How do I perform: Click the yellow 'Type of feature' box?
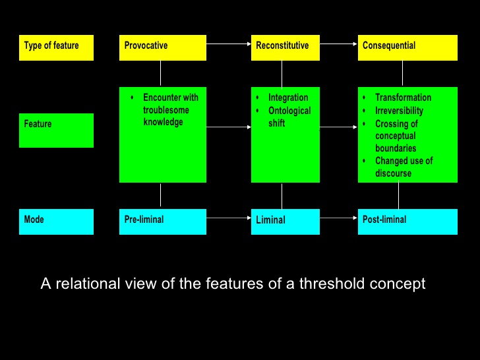coord(56,47)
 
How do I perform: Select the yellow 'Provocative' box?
coord(162,47)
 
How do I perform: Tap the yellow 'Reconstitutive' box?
coord(285,47)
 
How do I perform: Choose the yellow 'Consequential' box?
coord(407,47)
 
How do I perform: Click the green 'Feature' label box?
coord(56,130)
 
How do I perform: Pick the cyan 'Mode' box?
coord(56,222)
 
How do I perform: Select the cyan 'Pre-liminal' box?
coord(162,222)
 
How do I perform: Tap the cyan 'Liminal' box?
coord(285,222)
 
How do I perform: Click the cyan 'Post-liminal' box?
coord(407,222)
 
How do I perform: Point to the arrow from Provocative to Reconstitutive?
coord(229,44)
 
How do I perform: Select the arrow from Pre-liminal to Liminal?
coord(229,216)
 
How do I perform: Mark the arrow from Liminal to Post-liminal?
coord(339,217)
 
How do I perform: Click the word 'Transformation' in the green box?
coord(403,98)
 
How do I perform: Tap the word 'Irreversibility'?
coord(399,111)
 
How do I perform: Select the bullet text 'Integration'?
coord(288,98)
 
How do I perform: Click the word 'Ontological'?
coord(289,111)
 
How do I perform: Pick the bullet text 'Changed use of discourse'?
coord(404,167)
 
